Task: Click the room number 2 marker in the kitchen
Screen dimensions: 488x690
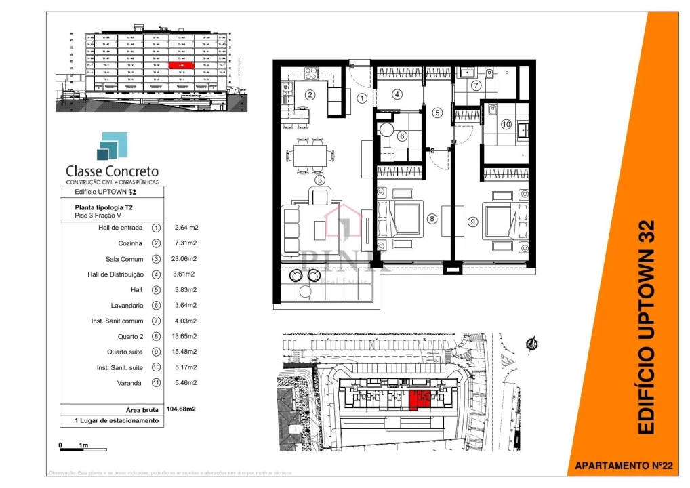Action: (x=309, y=95)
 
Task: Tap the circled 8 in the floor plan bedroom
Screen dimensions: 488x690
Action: (x=432, y=219)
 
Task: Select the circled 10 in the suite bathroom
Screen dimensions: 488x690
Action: (x=506, y=125)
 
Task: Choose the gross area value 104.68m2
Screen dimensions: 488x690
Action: (x=182, y=409)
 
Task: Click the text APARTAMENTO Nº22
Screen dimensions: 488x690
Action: (x=623, y=466)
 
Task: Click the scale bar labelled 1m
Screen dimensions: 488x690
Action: (x=83, y=448)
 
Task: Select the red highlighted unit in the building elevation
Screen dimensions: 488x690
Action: (x=181, y=65)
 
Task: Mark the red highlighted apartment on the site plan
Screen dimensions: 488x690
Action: (x=418, y=400)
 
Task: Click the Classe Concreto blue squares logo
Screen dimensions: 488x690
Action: (x=111, y=146)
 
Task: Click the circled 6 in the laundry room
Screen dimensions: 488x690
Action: (x=402, y=136)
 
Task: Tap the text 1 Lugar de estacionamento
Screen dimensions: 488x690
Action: (x=119, y=421)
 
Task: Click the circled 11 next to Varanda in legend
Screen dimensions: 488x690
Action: (x=157, y=383)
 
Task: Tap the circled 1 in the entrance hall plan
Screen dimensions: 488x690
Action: (x=362, y=98)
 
